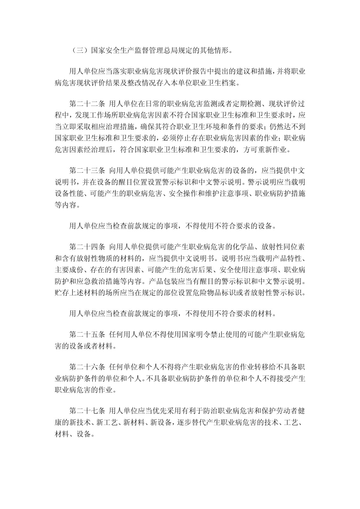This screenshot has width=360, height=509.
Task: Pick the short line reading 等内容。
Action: [66, 205]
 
